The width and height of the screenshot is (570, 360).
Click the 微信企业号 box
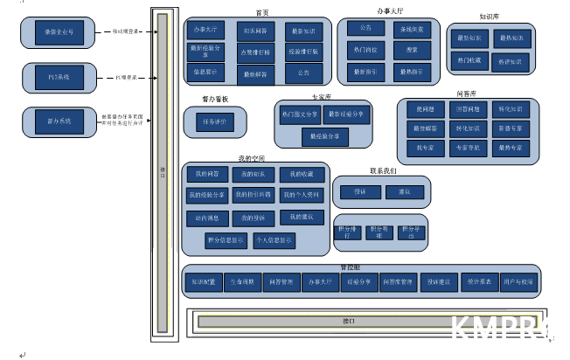(58, 32)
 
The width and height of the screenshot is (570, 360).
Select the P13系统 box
(58, 77)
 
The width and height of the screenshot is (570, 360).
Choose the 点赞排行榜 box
(255, 52)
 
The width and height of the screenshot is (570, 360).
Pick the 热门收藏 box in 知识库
(468, 60)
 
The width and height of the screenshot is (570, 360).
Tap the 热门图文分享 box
(300, 114)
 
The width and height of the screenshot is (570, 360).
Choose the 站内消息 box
(206, 217)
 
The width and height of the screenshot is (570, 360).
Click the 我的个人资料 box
(301, 194)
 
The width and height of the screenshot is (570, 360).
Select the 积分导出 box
(407, 232)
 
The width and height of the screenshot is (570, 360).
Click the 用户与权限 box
(518, 282)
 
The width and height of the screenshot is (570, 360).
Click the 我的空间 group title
(251, 158)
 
